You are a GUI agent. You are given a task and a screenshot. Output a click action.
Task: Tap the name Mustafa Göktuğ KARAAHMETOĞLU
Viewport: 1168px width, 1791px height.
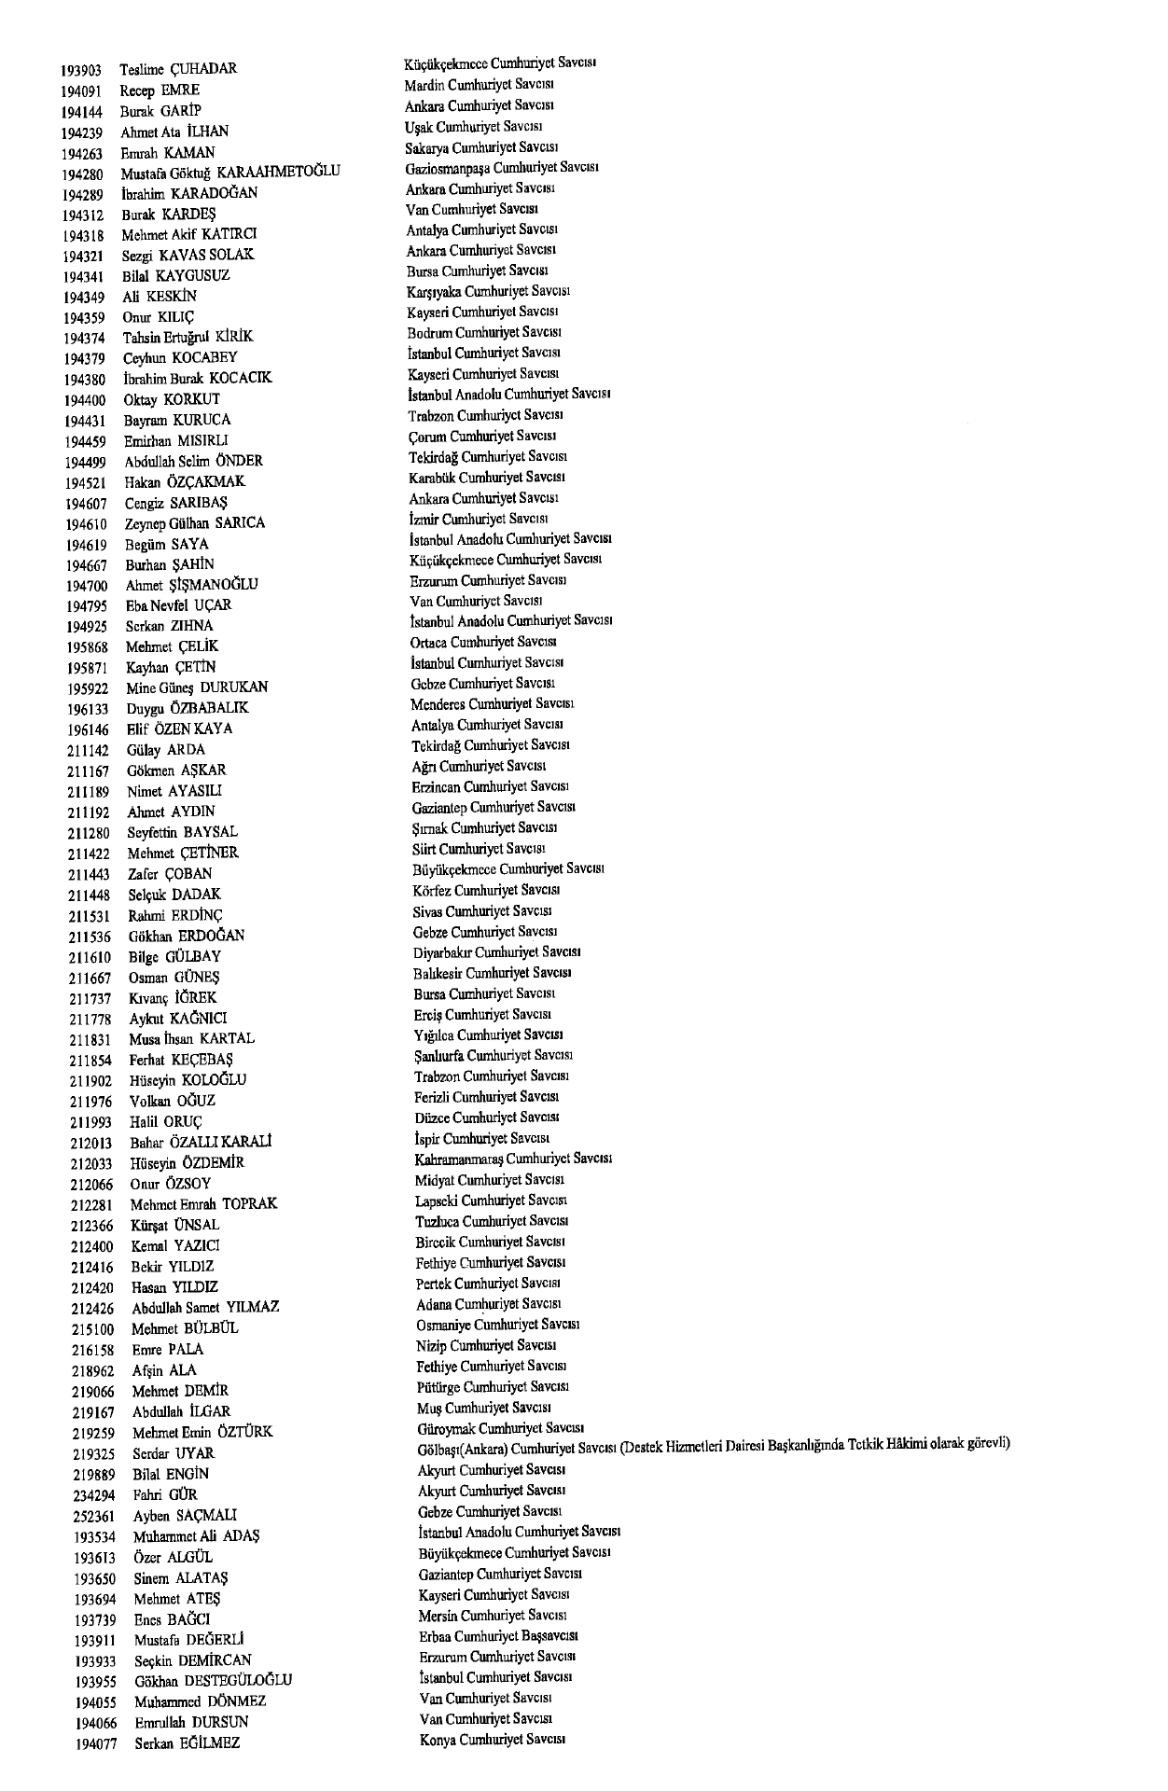(230, 173)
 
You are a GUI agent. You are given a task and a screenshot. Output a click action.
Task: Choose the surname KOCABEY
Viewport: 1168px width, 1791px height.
(204, 357)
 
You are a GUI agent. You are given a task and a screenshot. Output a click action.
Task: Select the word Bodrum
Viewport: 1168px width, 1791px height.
(427, 333)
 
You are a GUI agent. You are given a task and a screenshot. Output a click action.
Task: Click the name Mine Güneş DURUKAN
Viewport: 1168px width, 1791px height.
(197, 688)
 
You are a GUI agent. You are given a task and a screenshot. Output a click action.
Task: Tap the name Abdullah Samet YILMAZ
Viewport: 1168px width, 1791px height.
(205, 1308)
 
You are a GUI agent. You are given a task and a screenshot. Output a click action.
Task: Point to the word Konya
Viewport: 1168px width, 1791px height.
(436, 1740)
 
